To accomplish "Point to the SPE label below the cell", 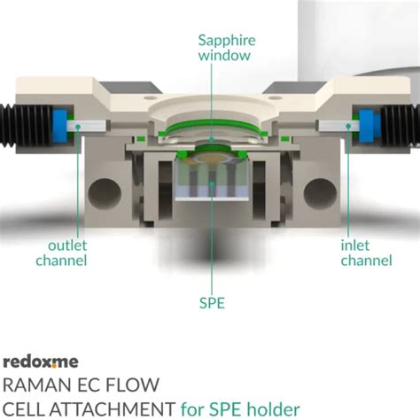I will pyautogui.click(x=212, y=303).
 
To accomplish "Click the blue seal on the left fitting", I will pyautogui.click(x=61, y=123).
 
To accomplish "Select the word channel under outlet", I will pyautogui.click(x=61, y=261).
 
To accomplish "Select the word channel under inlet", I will pyautogui.click(x=367, y=261).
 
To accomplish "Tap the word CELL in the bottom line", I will pyautogui.click(x=26, y=408).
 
